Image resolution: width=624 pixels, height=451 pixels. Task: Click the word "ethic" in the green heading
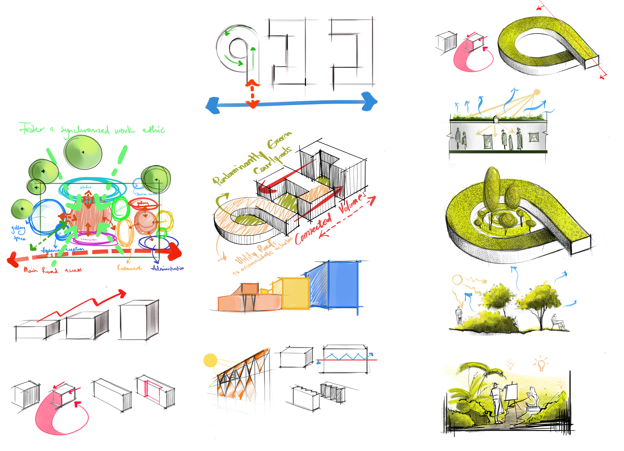click(x=154, y=130)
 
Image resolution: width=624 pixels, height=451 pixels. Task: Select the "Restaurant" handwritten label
click(x=129, y=268)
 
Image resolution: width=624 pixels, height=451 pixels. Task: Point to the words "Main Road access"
click(x=52, y=270)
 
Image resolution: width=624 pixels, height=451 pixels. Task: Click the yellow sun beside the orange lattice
click(x=210, y=360)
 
